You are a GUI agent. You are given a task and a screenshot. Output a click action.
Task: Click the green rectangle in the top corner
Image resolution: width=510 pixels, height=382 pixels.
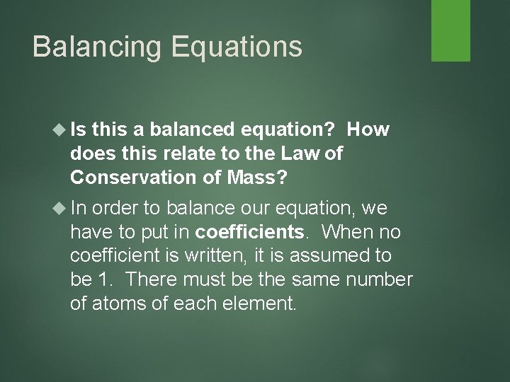point(452,30)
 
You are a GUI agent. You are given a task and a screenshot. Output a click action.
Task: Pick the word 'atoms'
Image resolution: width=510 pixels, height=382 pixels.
point(115,303)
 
